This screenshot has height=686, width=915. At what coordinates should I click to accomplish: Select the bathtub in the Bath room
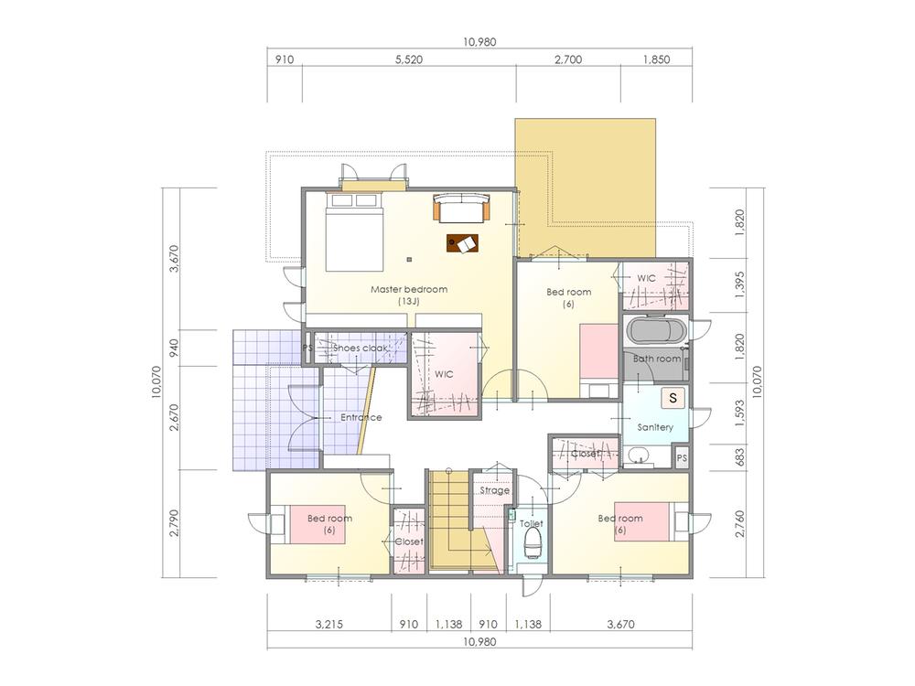(x=653, y=330)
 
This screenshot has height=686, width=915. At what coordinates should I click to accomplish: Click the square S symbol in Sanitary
(x=673, y=398)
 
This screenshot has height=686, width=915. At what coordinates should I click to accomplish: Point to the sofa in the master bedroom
(x=463, y=209)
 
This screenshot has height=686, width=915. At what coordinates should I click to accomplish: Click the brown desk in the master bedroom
(x=463, y=243)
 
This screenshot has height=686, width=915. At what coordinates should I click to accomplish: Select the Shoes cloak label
(x=361, y=348)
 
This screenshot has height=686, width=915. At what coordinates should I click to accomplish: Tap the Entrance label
(x=361, y=417)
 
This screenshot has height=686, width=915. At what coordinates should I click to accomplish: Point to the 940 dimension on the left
(x=174, y=348)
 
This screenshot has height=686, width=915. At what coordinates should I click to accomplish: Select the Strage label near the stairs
(x=494, y=491)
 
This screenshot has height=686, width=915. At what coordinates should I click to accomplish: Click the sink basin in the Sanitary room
(x=638, y=455)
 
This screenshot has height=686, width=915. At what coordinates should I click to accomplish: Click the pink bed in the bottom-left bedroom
(x=317, y=524)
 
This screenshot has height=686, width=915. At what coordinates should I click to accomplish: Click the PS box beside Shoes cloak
(x=307, y=348)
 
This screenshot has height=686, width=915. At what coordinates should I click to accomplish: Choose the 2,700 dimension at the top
(x=567, y=60)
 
